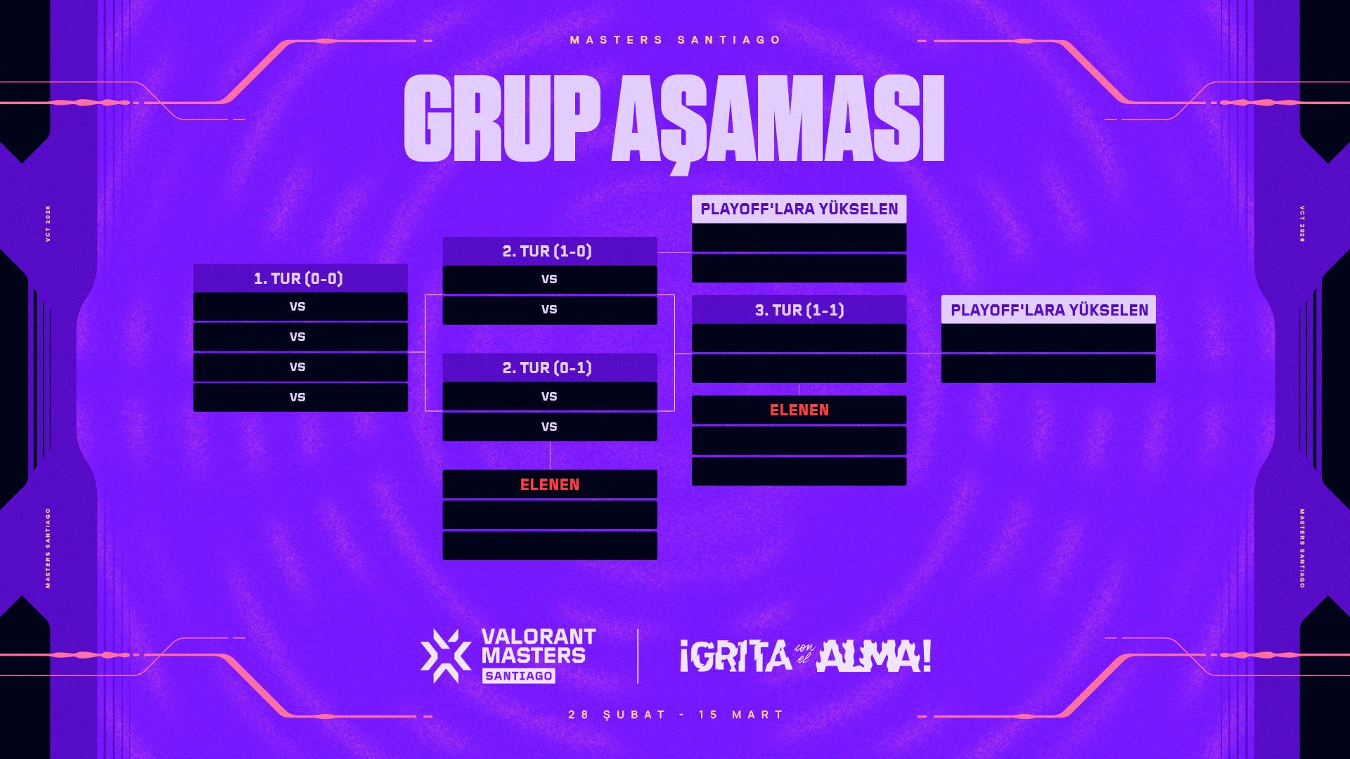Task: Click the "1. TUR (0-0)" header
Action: pyautogui.click(x=299, y=278)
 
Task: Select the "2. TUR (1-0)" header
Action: pyautogui.click(x=547, y=251)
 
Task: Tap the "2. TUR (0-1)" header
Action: pyautogui.click(x=547, y=368)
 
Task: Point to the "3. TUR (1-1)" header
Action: pyautogui.click(x=799, y=310)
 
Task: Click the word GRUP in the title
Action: pyautogui.click(x=501, y=118)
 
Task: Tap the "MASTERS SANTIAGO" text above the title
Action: pyautogui.click(x=675, y=40)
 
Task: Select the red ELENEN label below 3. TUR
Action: pyautogui.click(x=799, y=410)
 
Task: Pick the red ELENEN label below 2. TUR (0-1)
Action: pyautogui.click(x=550, y=484)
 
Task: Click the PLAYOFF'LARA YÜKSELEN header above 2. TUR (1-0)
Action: pyautogui.click(x=799, y=209)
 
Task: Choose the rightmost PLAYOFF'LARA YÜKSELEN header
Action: pyautogui.click(x=1049, y=310)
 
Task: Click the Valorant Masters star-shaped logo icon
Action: pyautogui.click(x=446, y=656)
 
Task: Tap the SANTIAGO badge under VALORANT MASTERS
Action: pyautogui.click(x=519, y=676)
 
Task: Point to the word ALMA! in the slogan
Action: pyautogui.click(x=874, y=656)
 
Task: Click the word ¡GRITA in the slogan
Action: pyautogui.click(x=735, y=656)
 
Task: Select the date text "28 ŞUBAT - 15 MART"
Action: pyautogui.click(x=675, y=715)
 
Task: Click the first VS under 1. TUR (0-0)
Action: pyautogui.click(x=297, y=306)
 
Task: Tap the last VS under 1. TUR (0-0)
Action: pyautogui.click(x=297, y=397)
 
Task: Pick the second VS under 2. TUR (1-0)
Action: pyautogui.click(x=549, y=309)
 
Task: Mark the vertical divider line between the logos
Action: pyautogui.click(x=638, y=656)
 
